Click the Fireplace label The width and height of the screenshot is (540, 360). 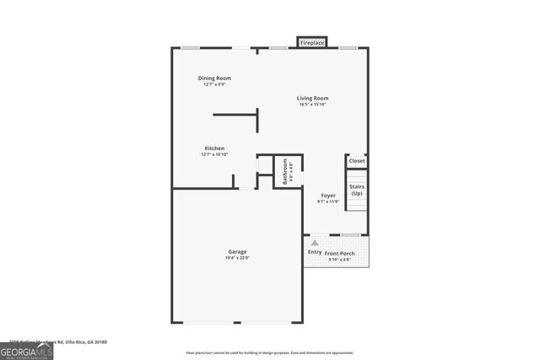coord(312,42)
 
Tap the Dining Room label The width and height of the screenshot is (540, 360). coord(214,78)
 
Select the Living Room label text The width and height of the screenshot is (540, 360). coord(312,99)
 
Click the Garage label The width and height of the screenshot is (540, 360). coord(237,252)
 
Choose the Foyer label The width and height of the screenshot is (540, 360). coord(327,196)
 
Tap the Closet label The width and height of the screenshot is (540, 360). coord(357,160)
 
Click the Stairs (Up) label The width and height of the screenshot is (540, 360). coord(357,190)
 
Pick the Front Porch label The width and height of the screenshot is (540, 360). coord(340,253)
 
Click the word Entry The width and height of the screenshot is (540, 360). coord(315,252)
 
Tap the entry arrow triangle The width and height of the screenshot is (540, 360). coord(315,242)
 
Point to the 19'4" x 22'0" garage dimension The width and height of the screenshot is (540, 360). coord(237,258)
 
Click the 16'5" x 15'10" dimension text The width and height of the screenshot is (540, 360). coord(312,105)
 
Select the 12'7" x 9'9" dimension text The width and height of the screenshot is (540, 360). coord(214,84)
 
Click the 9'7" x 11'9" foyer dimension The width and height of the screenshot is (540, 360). coord(327,201)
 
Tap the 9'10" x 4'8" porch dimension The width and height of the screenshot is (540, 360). coord(340,259)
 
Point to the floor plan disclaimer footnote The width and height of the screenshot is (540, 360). coord(268,353)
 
